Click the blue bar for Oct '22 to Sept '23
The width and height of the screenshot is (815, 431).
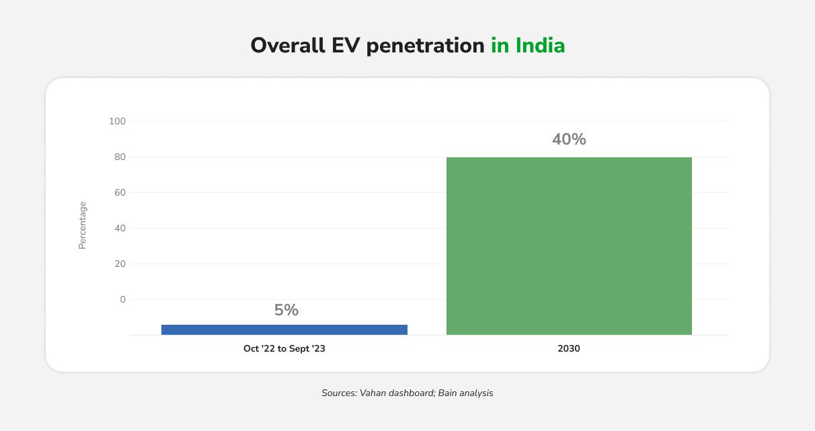click(x=284, y=329)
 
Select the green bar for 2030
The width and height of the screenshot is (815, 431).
click(x=569, y=245)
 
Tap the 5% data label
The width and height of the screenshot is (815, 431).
click(x=286, y=310)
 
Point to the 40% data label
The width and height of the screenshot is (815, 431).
click(x=569, y=139)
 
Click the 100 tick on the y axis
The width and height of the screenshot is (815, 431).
click(x=117, y=121)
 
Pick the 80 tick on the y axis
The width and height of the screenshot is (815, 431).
click(x=119, y=157)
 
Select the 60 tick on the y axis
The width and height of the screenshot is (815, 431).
click(x=119, y=192)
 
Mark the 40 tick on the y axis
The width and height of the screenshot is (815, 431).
click(x=119, y=228)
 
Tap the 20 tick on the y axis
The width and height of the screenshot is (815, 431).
click(x=119, y=264)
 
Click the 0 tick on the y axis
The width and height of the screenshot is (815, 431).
click(x=122, y=299)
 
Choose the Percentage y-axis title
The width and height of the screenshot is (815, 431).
click(x=83, y=225)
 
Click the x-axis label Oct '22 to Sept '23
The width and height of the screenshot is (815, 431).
click(x=284, y=349)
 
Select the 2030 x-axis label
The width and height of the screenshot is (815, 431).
click(x=569, y=349)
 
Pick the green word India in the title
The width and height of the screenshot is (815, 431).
click(x=541, y=46)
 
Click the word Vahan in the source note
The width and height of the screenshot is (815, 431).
click(x=373, y=393)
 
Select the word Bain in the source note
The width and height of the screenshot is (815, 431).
click(x=449, y=393)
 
